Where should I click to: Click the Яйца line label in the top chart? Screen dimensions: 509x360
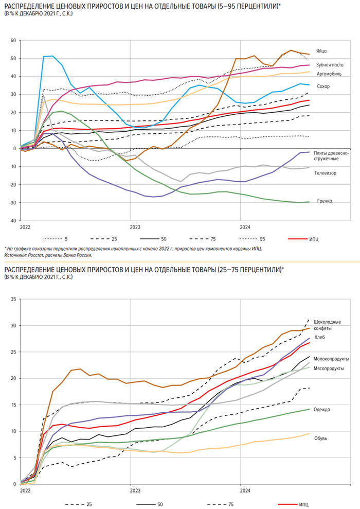tap(322, 51)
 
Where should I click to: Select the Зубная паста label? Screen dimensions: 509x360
tap(330, 65)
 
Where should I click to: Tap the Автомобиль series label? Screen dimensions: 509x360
tap(329, 74)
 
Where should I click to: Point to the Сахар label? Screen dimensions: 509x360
tap(323, 86)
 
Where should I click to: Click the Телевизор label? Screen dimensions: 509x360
tap(326, 173)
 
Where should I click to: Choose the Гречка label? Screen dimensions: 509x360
tap(323, 201)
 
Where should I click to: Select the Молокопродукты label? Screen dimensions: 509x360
tap(332, 359)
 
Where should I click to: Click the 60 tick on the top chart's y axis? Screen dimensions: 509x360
tap(14, 40)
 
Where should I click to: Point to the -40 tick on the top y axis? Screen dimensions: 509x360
tap(13, 220)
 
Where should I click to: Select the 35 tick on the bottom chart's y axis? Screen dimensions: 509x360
tap(14, 299)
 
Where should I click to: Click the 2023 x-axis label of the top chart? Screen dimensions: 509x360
tap(135, 226)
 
